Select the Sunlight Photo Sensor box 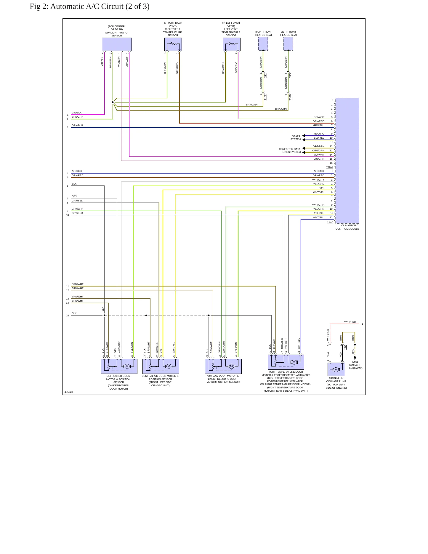[117, 44]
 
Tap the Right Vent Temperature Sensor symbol [173, 44]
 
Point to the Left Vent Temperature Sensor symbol [232, 44]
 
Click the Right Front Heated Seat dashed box [263, 44]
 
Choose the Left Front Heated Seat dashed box [288, 44]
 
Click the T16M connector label [329, 167]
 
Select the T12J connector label [330, 222]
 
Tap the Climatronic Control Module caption [347, 227]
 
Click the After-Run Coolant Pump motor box [336, 369]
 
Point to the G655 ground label [355, 362]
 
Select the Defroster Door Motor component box [119, 366]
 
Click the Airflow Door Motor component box [223, 366]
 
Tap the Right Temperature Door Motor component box [286, 362]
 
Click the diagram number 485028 [69, 392]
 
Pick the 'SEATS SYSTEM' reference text [296, 138]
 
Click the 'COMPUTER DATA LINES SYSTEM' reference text [290, 150]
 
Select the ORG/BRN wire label [318, 146]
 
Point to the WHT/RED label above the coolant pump [350, 322]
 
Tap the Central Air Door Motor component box [161, 366]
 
